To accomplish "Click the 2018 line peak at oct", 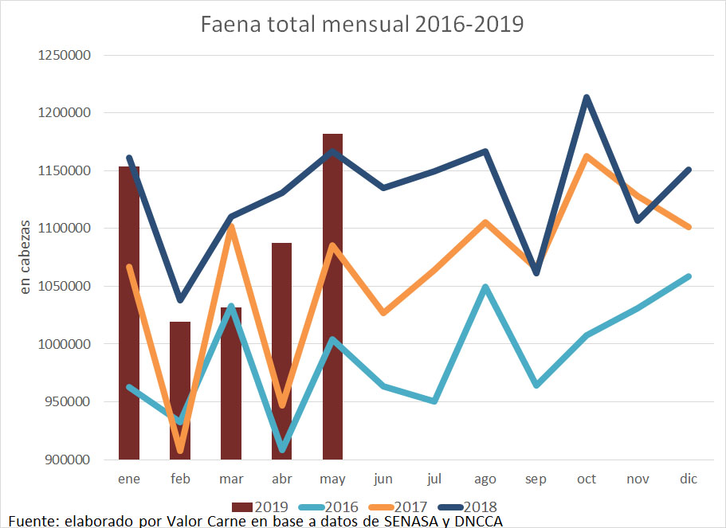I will (x=587, y=98).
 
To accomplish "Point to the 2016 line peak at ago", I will (x=485, y=287).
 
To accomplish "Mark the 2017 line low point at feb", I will (x=180, y=452).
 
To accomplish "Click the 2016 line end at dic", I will (x=688, y=276).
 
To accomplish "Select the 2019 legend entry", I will (x=260, y=506).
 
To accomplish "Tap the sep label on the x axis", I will (x=536, y=479).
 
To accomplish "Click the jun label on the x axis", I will (x=383, y=479).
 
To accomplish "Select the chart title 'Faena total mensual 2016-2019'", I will (x=363, y=24).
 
